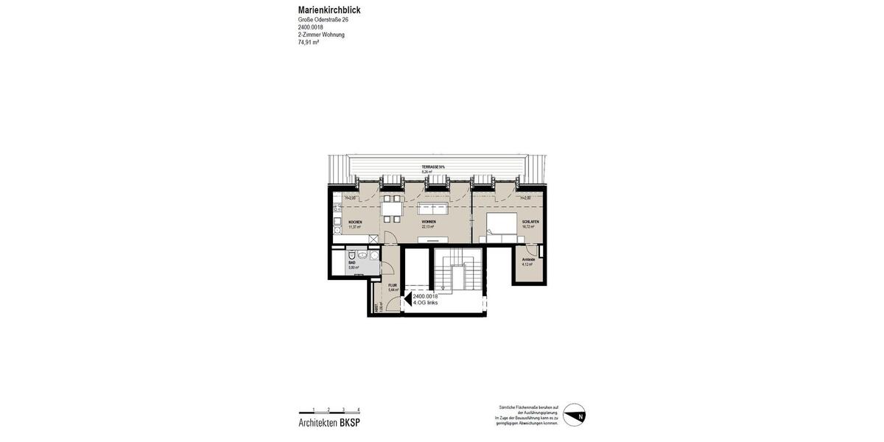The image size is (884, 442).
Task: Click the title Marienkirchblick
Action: pyautogui.click(x=329, y=10)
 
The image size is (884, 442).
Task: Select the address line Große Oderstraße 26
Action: pyautogui.click(x=323, y=20)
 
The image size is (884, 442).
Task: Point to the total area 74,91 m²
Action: pyautogui.click(x=309, y=43)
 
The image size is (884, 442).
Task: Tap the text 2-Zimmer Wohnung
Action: pyautogui.click(x=321, y=35)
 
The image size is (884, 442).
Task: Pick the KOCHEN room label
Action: pyautogui.click(x=355, y=222)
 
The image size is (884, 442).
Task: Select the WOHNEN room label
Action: pyautogui.click(x=429, y=222)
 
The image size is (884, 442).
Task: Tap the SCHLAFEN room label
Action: pyautogui.click(x=530, y=222)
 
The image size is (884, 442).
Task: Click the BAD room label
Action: pyautogui.click(x=352, y=262)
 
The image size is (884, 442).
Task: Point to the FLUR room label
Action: pyautogui.click(x=393, y=285)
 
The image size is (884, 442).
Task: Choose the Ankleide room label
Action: pyautogui.click(x=528, y=259)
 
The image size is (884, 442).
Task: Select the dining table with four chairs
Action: pyautogui.click(x=392, y=208)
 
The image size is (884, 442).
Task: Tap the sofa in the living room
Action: pyautogui.click(x=432, y=208)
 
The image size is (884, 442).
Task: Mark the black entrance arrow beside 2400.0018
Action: pyautogui.click(x=407, y=299)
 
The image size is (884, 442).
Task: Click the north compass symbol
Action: pyautogui.click(x=574, y=415)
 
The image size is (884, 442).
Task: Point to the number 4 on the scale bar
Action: pyautogui.click(x=359, y=410)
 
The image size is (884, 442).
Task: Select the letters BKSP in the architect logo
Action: pyautogui.click(x=350, y=423)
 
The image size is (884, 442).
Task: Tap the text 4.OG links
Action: pyautogui.click(x=426, y=303)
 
